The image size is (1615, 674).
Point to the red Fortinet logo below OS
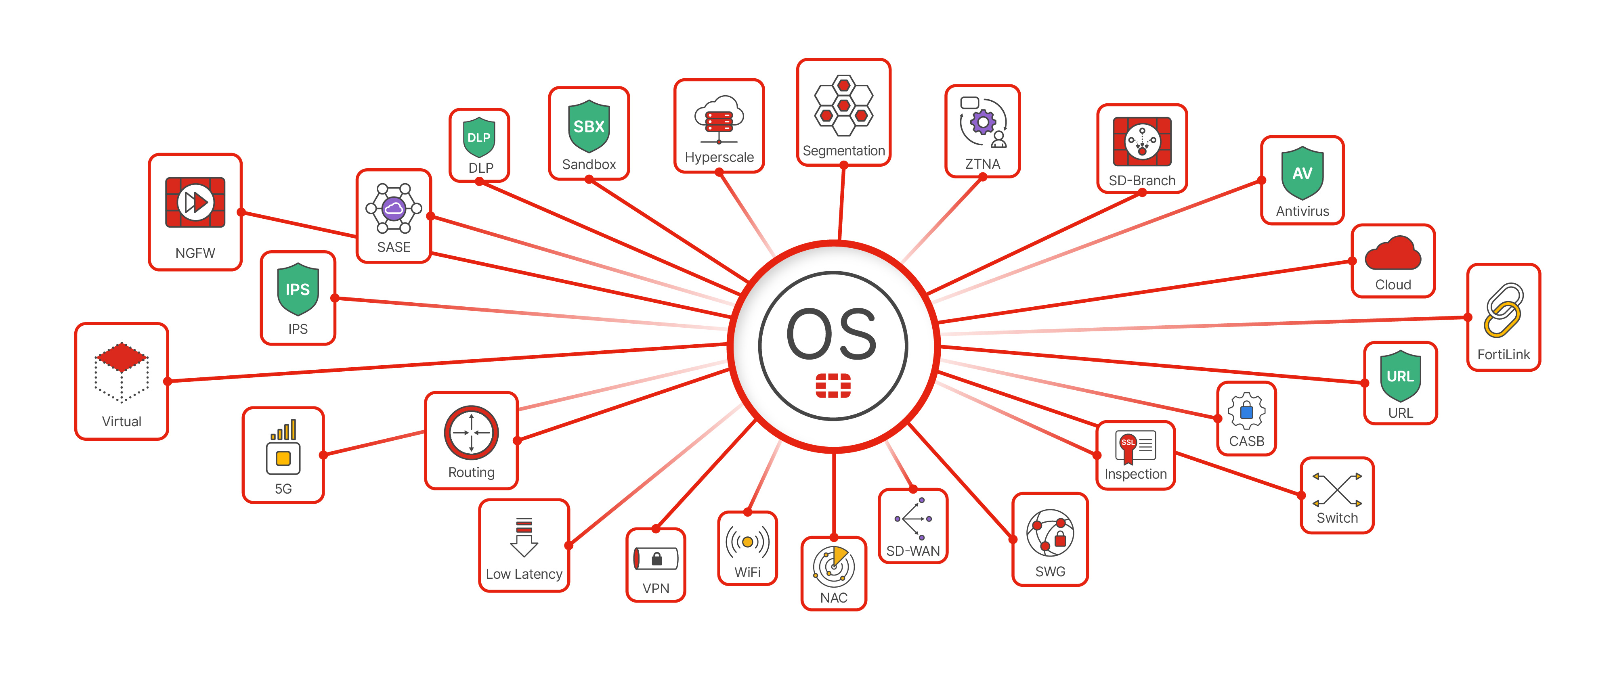[833, 385]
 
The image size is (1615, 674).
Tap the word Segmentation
[843, 151]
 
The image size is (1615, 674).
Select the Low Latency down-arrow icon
[524, 537]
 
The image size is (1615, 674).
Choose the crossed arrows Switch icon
[1337, 490]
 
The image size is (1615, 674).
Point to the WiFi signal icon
[747, 542]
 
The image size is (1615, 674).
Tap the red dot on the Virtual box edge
[168, 381]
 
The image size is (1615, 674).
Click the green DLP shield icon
[479, 137]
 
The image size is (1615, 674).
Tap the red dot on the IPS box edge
[335, 298]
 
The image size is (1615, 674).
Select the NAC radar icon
[833, 565]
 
